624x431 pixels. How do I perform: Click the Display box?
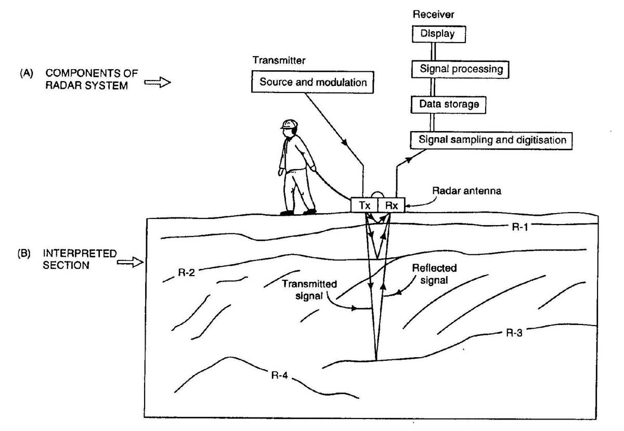pos(437,34)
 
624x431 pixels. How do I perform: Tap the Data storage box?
pos(449,105)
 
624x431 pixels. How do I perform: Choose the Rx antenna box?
pos(391,205)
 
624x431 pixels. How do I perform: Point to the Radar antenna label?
pos(459,191)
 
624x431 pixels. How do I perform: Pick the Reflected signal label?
pos(434,273)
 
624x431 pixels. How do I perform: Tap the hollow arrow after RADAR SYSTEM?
pos(157,83)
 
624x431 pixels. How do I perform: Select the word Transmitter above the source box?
pos(279,60)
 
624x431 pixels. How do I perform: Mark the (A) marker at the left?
pos(25,74)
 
